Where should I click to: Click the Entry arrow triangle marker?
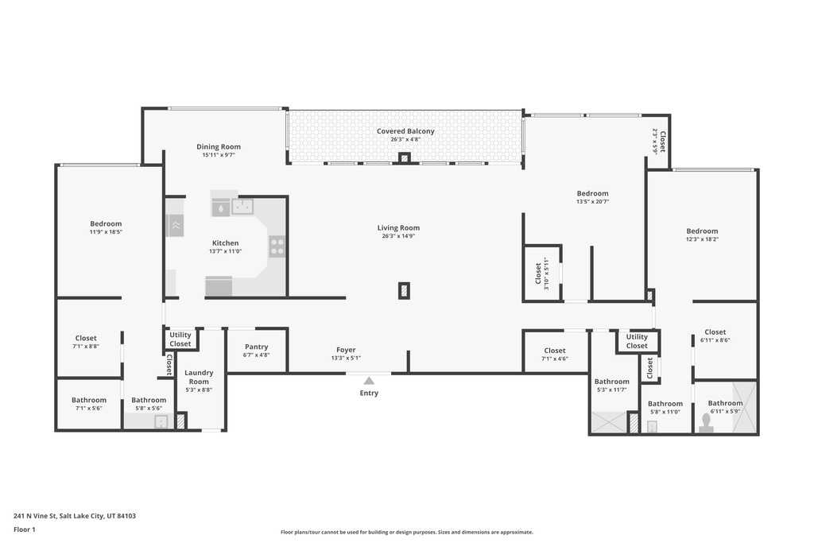point(369,381)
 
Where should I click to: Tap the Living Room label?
point(398,228)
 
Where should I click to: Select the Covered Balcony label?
point(405,131)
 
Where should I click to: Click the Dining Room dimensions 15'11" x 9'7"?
point(219,155)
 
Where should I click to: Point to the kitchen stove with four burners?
point(277,246)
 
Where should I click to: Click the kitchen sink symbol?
point(242,207)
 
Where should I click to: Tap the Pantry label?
point(257,347)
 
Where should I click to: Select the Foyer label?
point(346,350)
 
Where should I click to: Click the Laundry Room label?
point(199,377)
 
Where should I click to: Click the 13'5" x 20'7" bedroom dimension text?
point(592,202)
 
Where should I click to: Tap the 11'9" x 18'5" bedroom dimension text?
point(106,232)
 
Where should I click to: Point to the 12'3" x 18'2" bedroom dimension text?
point(702,239)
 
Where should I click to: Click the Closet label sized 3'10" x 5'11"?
point(538,273)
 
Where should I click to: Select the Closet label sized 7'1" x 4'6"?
point(554,351)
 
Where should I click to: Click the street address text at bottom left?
point(75,516)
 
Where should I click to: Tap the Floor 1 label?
point(25,529)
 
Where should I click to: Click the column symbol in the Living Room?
point(404,291)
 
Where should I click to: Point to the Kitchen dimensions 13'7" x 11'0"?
point(225,251)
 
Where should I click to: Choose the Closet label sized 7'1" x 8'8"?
point(86,338)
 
